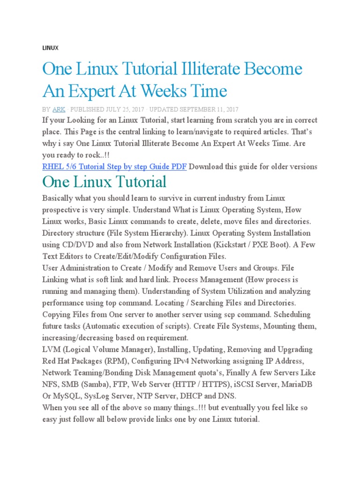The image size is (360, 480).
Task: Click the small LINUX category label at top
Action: click(50, 48)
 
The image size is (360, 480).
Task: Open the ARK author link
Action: click(59, 109)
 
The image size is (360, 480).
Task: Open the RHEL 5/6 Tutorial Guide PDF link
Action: click(114, 166)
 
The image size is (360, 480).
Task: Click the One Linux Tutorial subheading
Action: click(104, 182)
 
